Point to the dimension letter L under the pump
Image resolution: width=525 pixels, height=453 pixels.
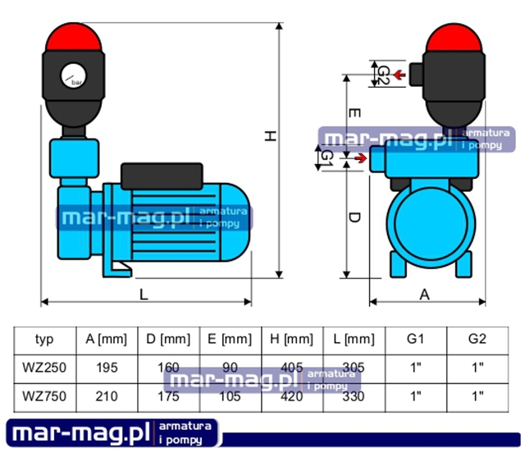pos(144,294)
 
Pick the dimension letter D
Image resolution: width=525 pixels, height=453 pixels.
pos(354,217)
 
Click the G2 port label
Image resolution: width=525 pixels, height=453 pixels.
pos(382,75)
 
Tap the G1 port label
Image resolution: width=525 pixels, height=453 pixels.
pos(327,156)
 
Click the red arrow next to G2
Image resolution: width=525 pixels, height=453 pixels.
pos(400,75)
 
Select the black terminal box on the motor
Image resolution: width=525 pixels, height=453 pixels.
pos(162,175)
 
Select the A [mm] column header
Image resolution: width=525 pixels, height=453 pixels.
pos(105,339)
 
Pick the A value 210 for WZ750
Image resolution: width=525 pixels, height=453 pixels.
pos(105,395)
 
